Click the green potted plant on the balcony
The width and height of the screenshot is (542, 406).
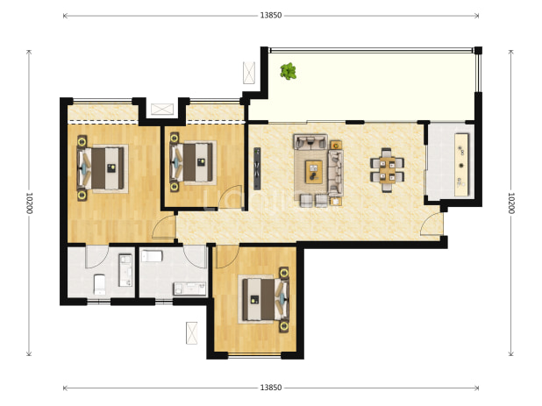(288, 71)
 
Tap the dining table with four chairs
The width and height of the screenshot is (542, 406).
(387, 170)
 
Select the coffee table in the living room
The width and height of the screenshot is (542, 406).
(314, 172)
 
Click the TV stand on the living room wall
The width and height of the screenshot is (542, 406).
(257, 168)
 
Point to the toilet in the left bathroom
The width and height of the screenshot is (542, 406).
(100, 284)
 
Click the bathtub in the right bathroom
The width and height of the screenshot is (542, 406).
(152, 256)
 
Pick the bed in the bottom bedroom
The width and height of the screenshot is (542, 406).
(266, 300)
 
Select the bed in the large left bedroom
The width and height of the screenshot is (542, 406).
(101, 168)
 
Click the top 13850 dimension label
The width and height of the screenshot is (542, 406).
(271, 15)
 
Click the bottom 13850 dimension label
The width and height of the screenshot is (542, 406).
(271, 388)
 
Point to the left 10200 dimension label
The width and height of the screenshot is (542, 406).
(29, 203)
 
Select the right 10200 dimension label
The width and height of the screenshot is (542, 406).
(511, 203)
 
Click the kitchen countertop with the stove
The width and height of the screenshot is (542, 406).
(461, 165)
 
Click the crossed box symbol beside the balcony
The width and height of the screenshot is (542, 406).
(249, 73)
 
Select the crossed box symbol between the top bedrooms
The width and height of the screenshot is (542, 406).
(162, 109)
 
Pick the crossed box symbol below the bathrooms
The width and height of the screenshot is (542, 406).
(191, 333)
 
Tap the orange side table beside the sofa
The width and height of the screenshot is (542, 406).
(336, 145)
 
